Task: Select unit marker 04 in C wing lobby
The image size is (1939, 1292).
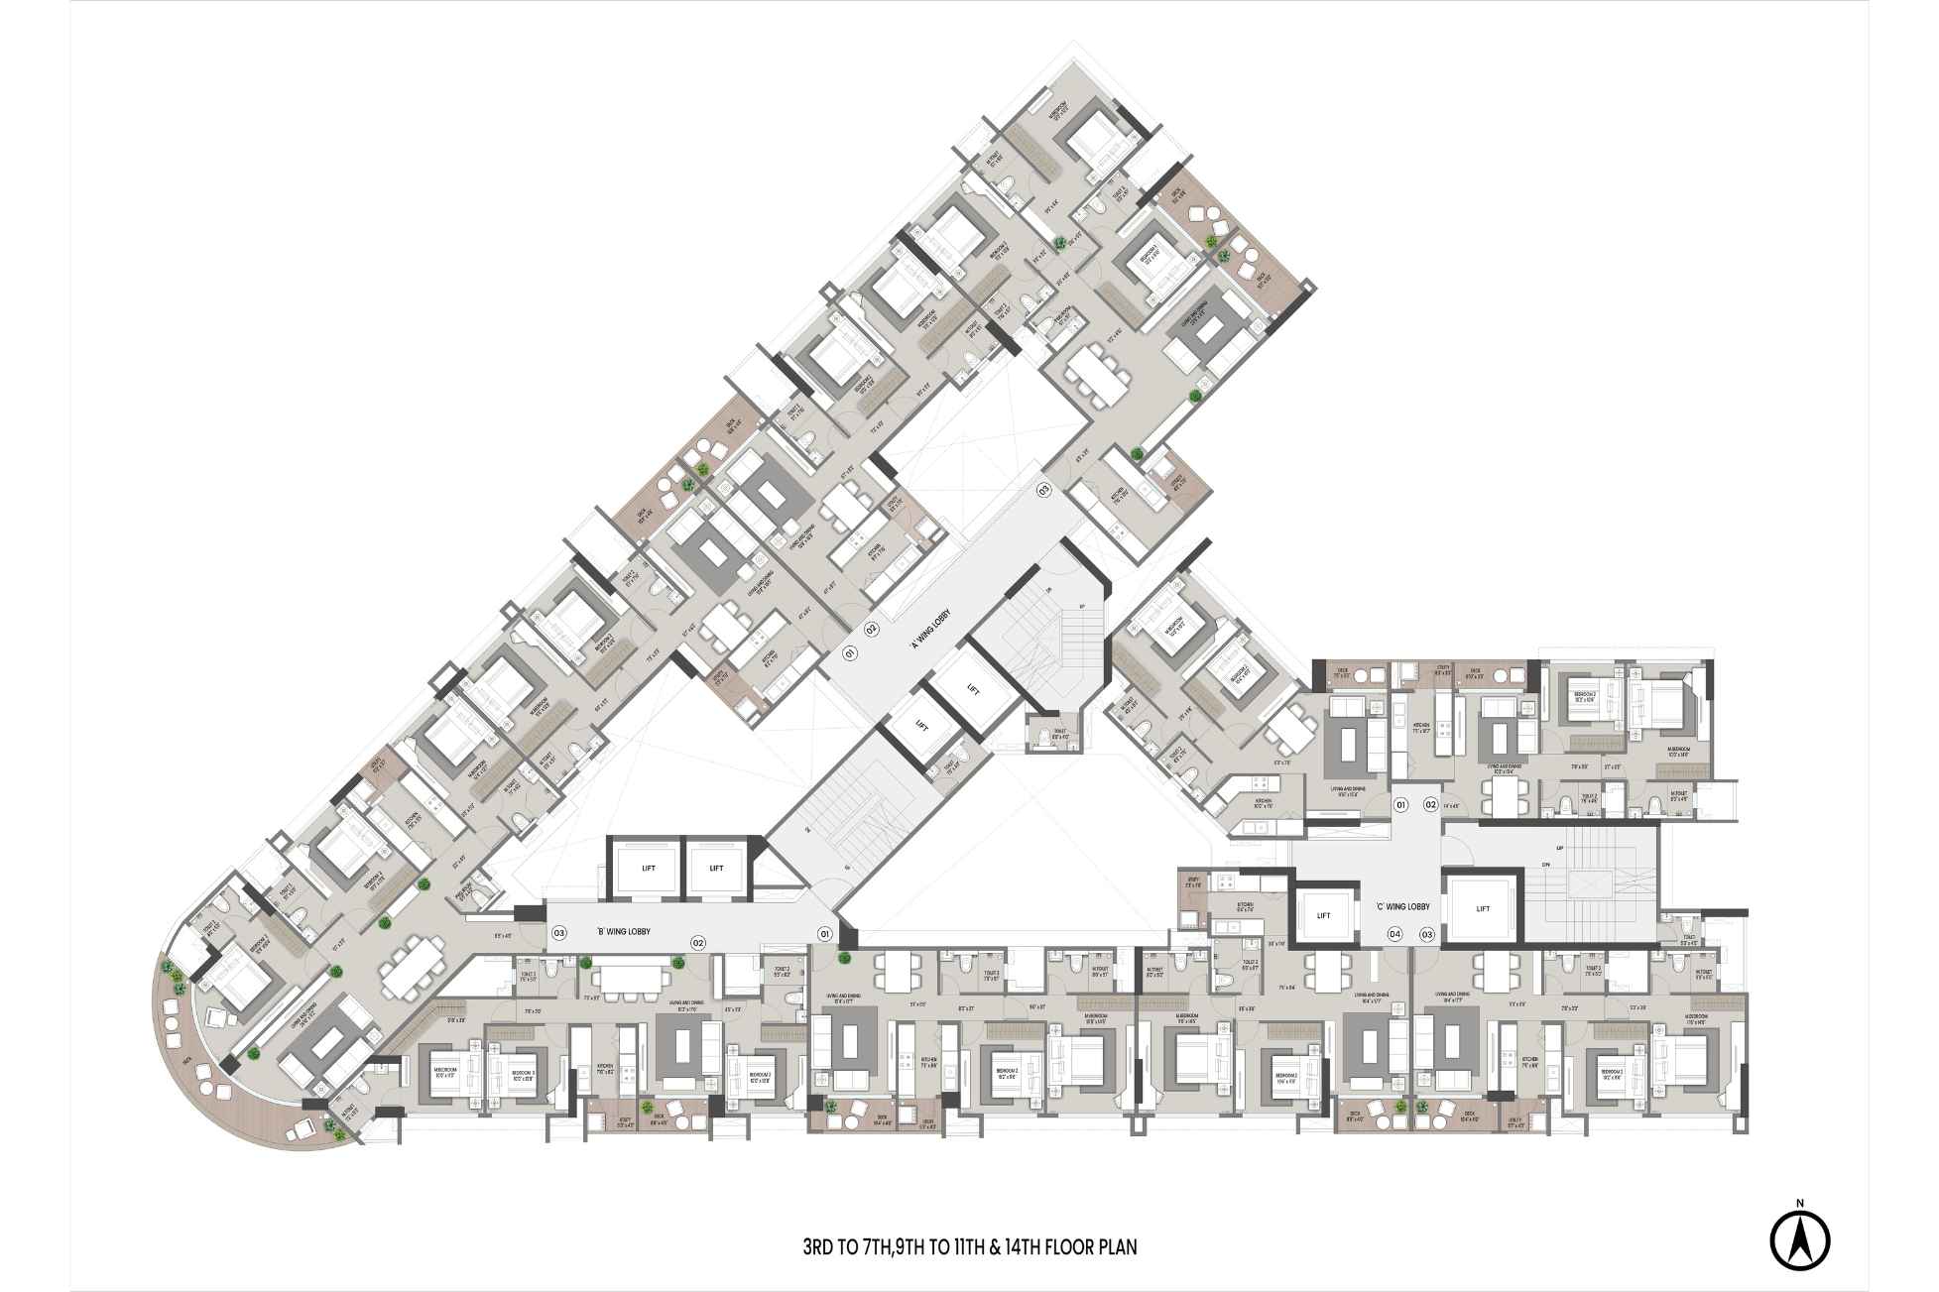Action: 1394,934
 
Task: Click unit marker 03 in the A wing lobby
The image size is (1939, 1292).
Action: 1043,490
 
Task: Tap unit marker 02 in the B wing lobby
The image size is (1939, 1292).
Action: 698,942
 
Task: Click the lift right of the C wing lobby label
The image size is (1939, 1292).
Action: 1483,908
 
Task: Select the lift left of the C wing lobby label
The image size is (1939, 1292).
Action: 1323,916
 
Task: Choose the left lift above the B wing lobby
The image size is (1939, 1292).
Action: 648,869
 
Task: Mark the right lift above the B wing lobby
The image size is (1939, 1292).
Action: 716,869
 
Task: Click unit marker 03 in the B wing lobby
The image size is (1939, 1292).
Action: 559,933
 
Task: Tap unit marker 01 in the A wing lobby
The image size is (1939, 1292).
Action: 849,652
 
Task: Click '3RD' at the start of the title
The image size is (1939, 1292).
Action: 821,1246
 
